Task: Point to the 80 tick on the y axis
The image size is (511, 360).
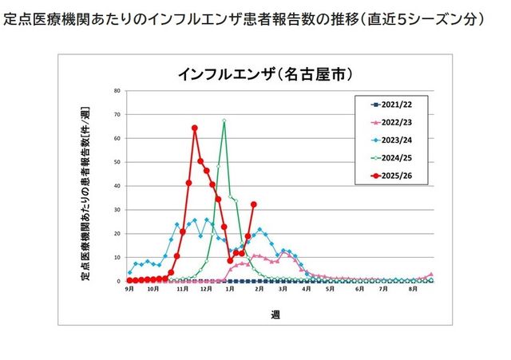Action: [x=117, y=90]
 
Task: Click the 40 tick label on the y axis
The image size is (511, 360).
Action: [x=117, y=185]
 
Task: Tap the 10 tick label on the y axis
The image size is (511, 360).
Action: [x=117, y=257]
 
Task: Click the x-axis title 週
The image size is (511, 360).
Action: [x=275, y=315]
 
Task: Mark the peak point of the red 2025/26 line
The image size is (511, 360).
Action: [x=195, y=128]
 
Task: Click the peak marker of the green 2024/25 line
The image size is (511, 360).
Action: [x=224, y=121]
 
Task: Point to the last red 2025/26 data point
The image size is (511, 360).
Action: [x=254, y=204]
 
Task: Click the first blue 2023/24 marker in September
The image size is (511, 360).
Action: [x=129, y=273]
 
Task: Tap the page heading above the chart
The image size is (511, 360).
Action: [x=244, y=18]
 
